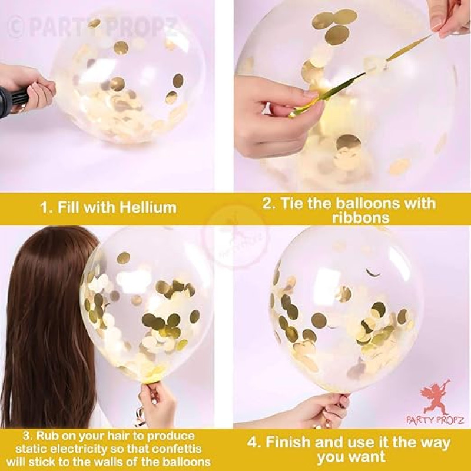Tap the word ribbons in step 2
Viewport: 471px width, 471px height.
360,217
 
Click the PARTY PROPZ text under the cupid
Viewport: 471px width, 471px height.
435,420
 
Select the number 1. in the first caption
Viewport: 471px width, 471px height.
47,208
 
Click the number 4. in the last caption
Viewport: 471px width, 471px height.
254,443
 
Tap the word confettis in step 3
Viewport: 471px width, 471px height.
178,449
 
